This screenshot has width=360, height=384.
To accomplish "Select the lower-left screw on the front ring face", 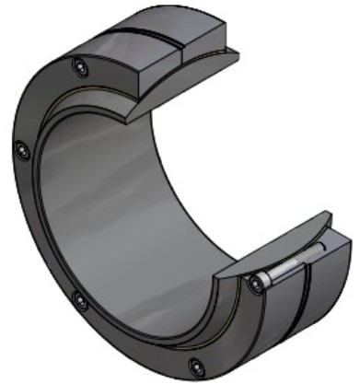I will point(80,300).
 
